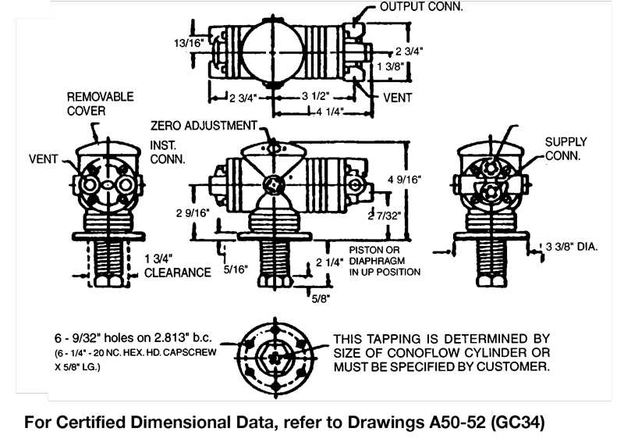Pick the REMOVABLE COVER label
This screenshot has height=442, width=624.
click(99, 104)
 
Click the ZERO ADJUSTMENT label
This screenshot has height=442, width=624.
click(204, 125)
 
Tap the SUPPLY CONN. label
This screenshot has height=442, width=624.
click(565, 148)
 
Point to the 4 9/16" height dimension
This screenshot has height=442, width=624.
click(404, 179)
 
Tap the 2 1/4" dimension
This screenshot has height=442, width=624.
click(327, 262)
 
